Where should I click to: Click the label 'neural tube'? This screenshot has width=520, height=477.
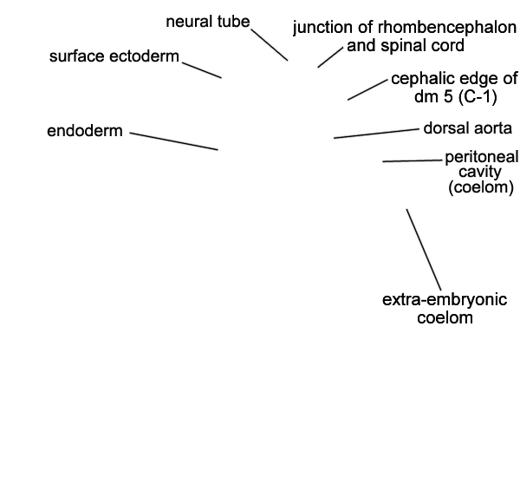pos(208,22)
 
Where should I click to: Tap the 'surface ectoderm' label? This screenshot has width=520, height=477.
pos(114,56)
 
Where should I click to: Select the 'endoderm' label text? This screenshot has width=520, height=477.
pos(85,131)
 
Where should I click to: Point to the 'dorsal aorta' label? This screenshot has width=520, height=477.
pos(468,128)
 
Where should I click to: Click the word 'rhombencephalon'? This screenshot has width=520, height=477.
pos(447,27)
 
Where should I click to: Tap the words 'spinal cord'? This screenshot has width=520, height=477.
pos(422,45)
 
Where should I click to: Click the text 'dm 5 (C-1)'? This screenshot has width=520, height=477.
pos(456,96)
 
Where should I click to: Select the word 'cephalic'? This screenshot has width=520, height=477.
pos(419,79)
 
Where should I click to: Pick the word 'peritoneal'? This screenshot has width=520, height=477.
pos(481,157)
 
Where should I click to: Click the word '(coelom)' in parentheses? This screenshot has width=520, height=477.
pos(481,187)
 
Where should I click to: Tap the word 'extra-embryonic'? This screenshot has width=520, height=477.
pos(445,300)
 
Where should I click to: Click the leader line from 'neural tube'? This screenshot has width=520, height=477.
pos(270,45)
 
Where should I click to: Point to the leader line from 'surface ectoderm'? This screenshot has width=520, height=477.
pos(202,70)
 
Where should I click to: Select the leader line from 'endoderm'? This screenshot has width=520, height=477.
pos(174,141)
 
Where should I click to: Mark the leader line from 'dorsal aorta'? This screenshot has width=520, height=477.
pos(376,134)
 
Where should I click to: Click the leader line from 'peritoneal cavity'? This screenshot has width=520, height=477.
pos(413,161)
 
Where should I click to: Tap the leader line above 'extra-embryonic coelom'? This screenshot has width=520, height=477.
pos(424,250)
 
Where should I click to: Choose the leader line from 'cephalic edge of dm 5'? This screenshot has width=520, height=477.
pos(367,89)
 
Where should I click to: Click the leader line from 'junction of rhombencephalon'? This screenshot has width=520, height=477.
pos(330,57)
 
